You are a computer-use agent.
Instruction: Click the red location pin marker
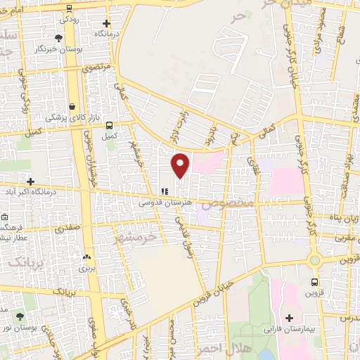181,165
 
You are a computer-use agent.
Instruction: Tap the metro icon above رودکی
68,8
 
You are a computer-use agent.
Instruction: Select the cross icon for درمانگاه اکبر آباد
30,181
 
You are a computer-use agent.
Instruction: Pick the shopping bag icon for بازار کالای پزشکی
73,107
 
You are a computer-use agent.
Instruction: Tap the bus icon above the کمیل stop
108,125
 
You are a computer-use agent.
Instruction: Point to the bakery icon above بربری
86,258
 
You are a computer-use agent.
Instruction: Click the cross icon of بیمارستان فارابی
289,318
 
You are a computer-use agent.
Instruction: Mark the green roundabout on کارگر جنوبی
314,260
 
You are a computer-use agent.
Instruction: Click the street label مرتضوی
96,68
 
